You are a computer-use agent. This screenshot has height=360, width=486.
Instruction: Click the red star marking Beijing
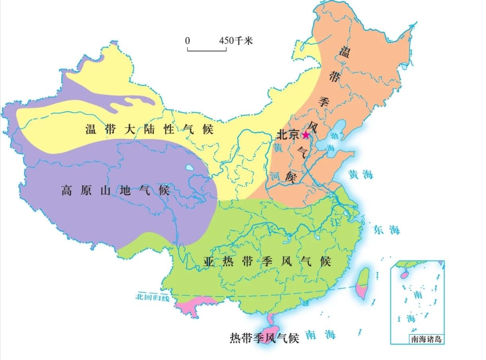coord(306,135)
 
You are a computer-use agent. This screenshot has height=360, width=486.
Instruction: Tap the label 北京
coord(288,135)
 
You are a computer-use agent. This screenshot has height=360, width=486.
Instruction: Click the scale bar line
coord(207,51)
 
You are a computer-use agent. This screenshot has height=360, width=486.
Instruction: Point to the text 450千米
coord(236,41)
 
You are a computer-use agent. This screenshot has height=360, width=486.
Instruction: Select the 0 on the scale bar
coord(188,41)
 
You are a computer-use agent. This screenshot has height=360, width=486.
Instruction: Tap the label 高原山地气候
coord(116,190)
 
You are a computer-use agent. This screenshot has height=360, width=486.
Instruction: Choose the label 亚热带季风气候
coord(267,262)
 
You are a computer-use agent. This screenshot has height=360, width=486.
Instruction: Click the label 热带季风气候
coord(265,338)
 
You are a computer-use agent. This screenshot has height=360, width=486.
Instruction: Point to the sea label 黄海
coord(361,174)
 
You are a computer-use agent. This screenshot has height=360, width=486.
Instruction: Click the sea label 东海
coord(386,230)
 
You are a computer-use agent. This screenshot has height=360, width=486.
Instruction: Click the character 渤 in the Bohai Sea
coord(334,136)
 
